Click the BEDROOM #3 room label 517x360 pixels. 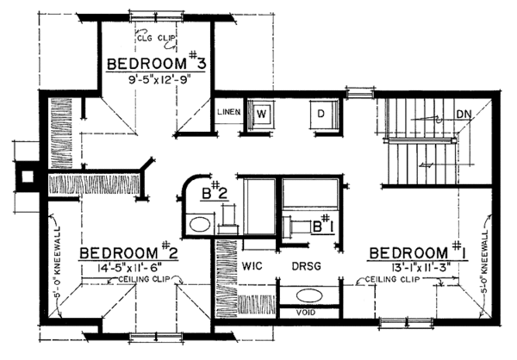(x=156, y=65)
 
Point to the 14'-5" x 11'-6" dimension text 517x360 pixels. (x=128, y=269)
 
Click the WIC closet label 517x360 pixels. (x=252, y=267)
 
